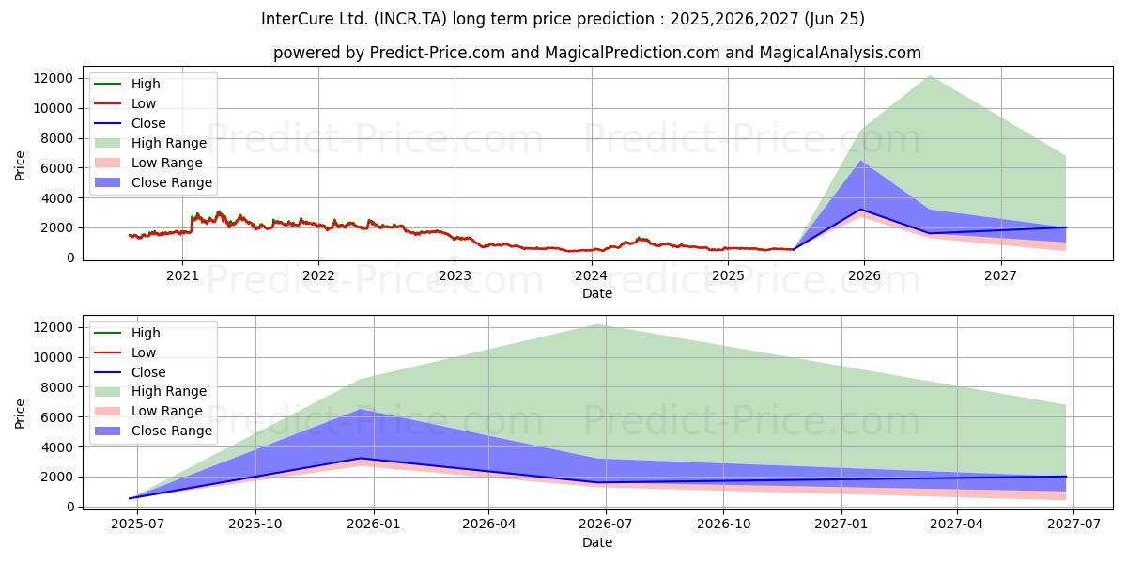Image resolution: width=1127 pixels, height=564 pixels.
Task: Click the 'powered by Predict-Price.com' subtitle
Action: (x=596, y=53)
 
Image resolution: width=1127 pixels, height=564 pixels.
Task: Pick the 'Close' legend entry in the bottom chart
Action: (x=147, y=372)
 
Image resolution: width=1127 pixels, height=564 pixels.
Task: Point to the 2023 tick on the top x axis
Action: (x=455, y=275)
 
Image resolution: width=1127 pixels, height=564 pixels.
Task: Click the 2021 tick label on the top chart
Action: (x=182, y=275)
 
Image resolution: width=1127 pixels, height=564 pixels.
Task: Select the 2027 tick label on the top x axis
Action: (x=1000, y=275)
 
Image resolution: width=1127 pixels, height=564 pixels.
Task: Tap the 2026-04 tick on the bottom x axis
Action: (x=489, y=525)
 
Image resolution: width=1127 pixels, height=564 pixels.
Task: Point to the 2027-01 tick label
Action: (x=841, y=525)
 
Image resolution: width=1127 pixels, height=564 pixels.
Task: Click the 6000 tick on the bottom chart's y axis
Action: (x=60, y=416)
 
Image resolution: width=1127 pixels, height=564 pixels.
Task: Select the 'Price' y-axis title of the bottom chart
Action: (x=21, y=413)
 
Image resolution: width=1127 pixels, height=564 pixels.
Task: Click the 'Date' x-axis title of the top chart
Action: (x=596, y=293)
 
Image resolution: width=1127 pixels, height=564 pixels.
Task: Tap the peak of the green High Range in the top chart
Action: (x=929, y=75)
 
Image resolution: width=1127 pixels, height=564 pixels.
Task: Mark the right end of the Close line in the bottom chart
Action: (x=1065, y=477)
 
